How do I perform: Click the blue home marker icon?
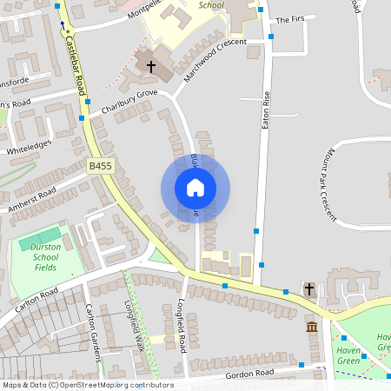(195, 188)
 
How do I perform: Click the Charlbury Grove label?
(129, 100)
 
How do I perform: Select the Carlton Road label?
(35, 298)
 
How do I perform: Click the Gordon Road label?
(249, 372)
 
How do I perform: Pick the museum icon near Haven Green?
(312, 326)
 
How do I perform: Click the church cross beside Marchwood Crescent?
(150, 67)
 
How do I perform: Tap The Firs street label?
(292, 19)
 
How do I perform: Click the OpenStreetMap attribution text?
(87, 384)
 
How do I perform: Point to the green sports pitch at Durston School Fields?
(41, 235)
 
